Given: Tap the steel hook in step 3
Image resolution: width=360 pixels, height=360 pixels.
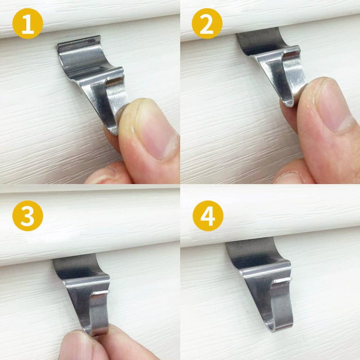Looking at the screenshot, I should [85, 288].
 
